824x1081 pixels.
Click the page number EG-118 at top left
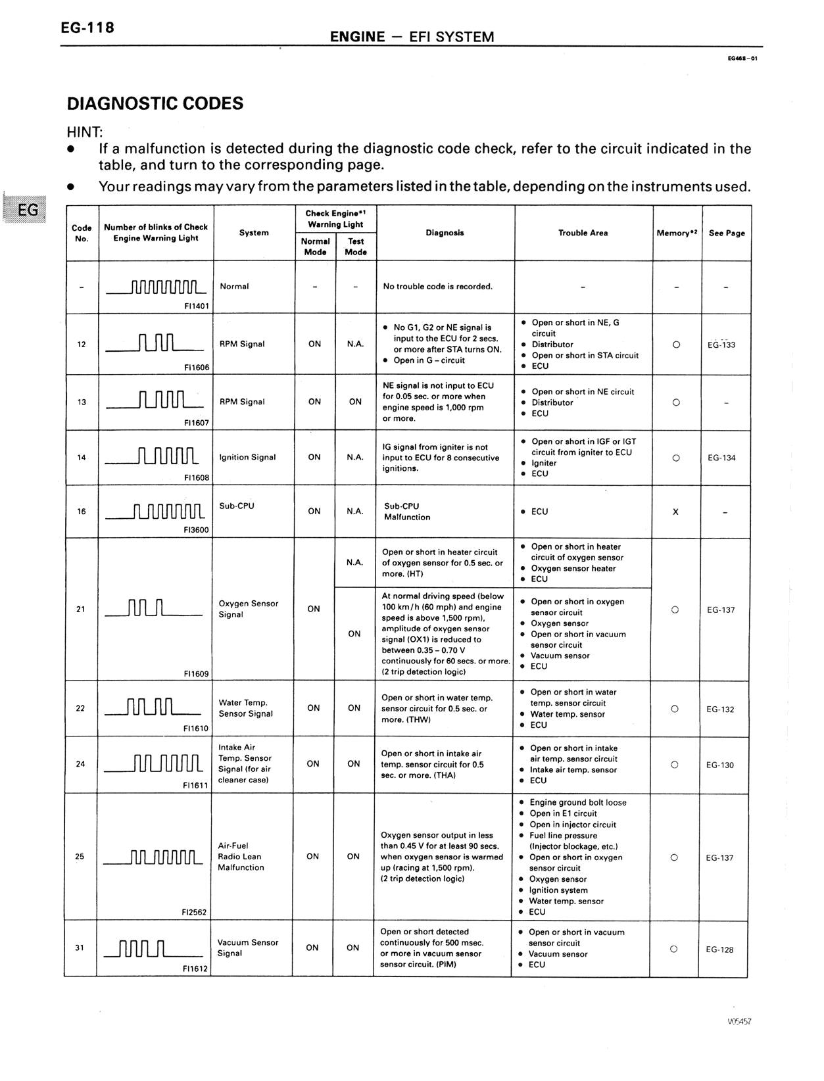(x=87, y=28)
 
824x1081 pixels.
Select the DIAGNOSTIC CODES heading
(x=155, y=104)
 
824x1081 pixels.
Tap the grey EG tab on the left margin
(x=28, y=210)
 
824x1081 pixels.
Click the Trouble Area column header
(x=583, y=233)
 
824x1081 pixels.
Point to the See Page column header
(x=727, y=233)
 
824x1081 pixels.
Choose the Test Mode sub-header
(x=356, y=247)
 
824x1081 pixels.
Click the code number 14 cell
(x=82, y=457)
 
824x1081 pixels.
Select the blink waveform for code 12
(x=155, y=344)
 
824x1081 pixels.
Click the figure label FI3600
(x=197, y=529)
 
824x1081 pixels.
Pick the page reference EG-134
(x=721, y=458)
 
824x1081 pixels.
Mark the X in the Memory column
(x=675, y=512)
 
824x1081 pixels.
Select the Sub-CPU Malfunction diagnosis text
(x=407, y=512)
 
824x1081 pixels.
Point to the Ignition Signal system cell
(x=247, y=457)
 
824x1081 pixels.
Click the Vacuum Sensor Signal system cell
(x=248, y=948)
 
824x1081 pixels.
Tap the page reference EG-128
(x=719, y=949)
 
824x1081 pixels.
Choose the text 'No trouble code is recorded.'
(x=437, y=287)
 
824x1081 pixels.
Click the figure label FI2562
(x=194, y=912)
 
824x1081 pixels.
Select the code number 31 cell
(x=80, y=948)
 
